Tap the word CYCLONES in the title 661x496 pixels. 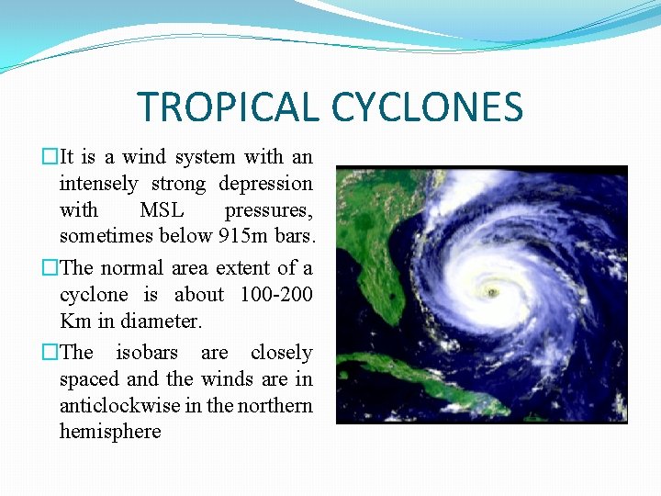click(427, 107)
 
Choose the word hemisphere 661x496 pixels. click(110, 432)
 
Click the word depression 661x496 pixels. click(265, 184)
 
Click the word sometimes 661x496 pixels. click(103, 237)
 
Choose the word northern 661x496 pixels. click(275, 405)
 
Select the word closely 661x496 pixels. click(281, 353)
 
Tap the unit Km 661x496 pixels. click(71, 321)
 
